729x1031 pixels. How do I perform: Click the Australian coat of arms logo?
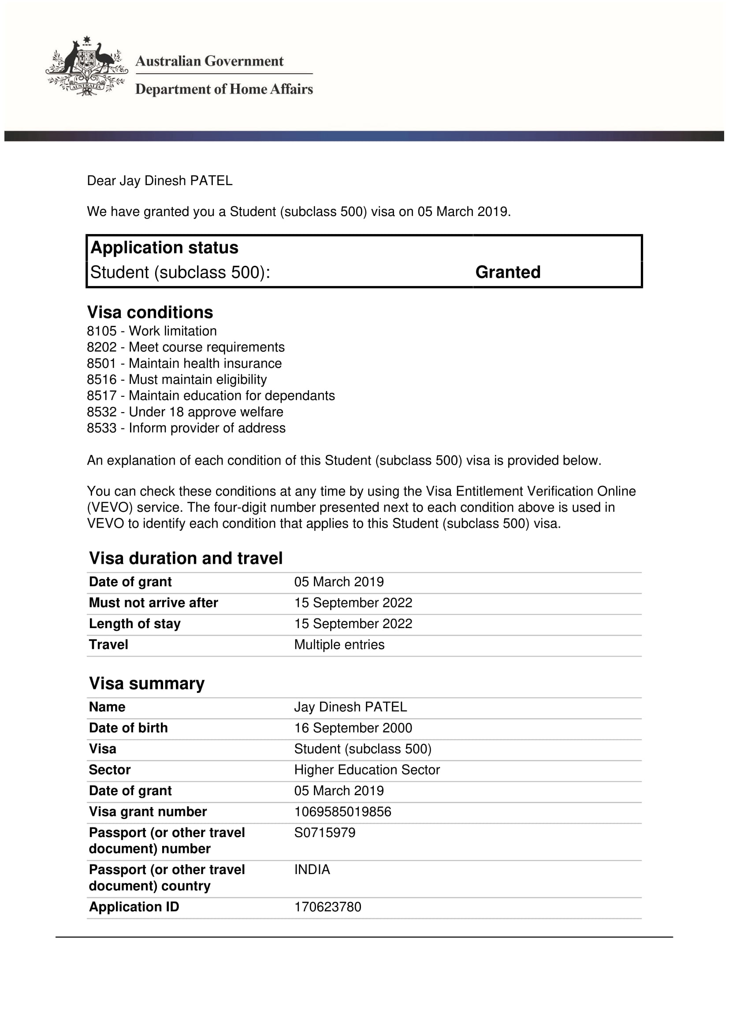pos(87,67)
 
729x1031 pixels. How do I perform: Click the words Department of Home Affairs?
pos(224,89)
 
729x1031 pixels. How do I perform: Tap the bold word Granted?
pos(508,272)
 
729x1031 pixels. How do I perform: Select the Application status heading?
pos(164,247)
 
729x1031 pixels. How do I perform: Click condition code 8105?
pos(102,331)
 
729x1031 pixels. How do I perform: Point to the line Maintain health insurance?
pos(205,363)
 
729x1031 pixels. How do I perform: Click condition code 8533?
pos(102,428)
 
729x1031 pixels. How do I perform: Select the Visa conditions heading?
pos(150,312)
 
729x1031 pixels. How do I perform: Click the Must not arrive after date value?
pos(353,603)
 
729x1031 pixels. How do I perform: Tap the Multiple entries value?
pos(339,644)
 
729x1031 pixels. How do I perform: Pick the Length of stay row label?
pos(135,624)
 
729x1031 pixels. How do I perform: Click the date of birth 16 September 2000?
pos(353,728)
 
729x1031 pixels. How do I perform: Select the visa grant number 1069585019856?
pos(342,811)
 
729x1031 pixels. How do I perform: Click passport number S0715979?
pos(324,833)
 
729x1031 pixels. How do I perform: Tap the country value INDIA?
pos(312,869)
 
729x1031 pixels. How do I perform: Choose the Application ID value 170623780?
pos(327,907)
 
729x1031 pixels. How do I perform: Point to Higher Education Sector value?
pos(367,770)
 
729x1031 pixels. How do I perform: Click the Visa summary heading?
pos(147,684)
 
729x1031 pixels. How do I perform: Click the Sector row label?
pos(110,770)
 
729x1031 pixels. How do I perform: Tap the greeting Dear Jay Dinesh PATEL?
pos(160,181)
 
